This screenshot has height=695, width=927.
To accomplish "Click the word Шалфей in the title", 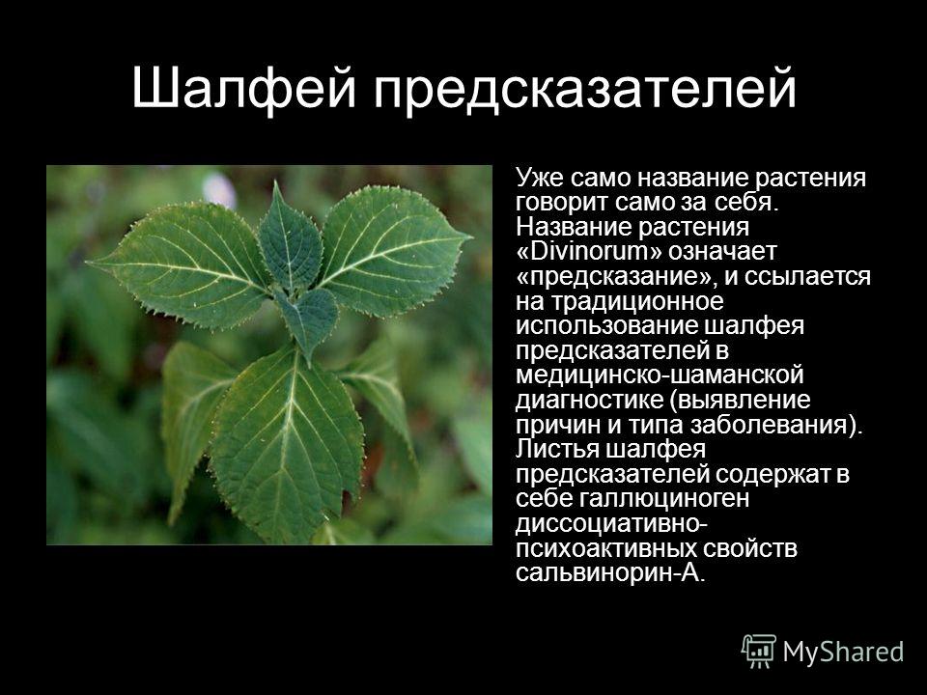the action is pyautogui.click(x=243, y=89).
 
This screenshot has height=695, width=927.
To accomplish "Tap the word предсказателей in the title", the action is pyautogui.click(x=585, y=92).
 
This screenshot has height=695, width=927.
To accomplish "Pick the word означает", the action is pyautogui.click(x=722, y=252).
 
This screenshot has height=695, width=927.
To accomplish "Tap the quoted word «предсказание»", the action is pyautogui.click(x=616, y=277).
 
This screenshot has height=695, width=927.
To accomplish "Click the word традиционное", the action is pyautogui.click(x=637, y=302).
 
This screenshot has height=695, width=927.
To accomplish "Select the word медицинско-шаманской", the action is pyautogui.click(x=660, y=375).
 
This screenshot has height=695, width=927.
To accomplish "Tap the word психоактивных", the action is pyautogui.click(x=606, y=549).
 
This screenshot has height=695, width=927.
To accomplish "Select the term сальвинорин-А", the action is pyautogui.click(x=610, y=573).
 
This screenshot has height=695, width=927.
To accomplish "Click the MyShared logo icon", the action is pyautogui.click(x=759, y=652).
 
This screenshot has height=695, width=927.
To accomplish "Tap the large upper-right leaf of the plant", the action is pyautogui.click(x=390, y=248).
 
